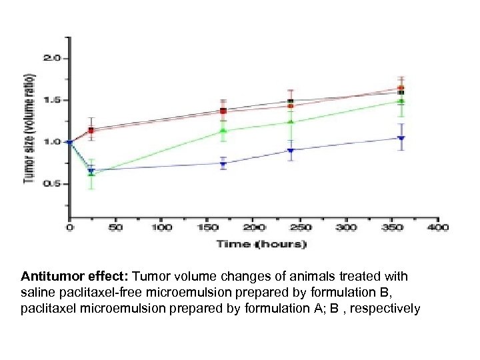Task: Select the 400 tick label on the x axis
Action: [438, 228]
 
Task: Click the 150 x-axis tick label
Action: [207, 228]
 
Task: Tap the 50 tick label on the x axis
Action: [115, 228]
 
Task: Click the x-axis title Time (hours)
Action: [261, 244]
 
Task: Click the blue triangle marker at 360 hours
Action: [401, 138]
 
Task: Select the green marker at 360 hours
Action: [401, 101]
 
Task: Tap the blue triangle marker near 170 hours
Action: [223, 163]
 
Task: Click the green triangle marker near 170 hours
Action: [223, 131]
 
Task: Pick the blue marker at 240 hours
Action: [291, 150]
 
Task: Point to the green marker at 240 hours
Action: [291, 122]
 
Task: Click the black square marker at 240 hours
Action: [291, 101]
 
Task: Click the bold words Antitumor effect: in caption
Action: [75, 276]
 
